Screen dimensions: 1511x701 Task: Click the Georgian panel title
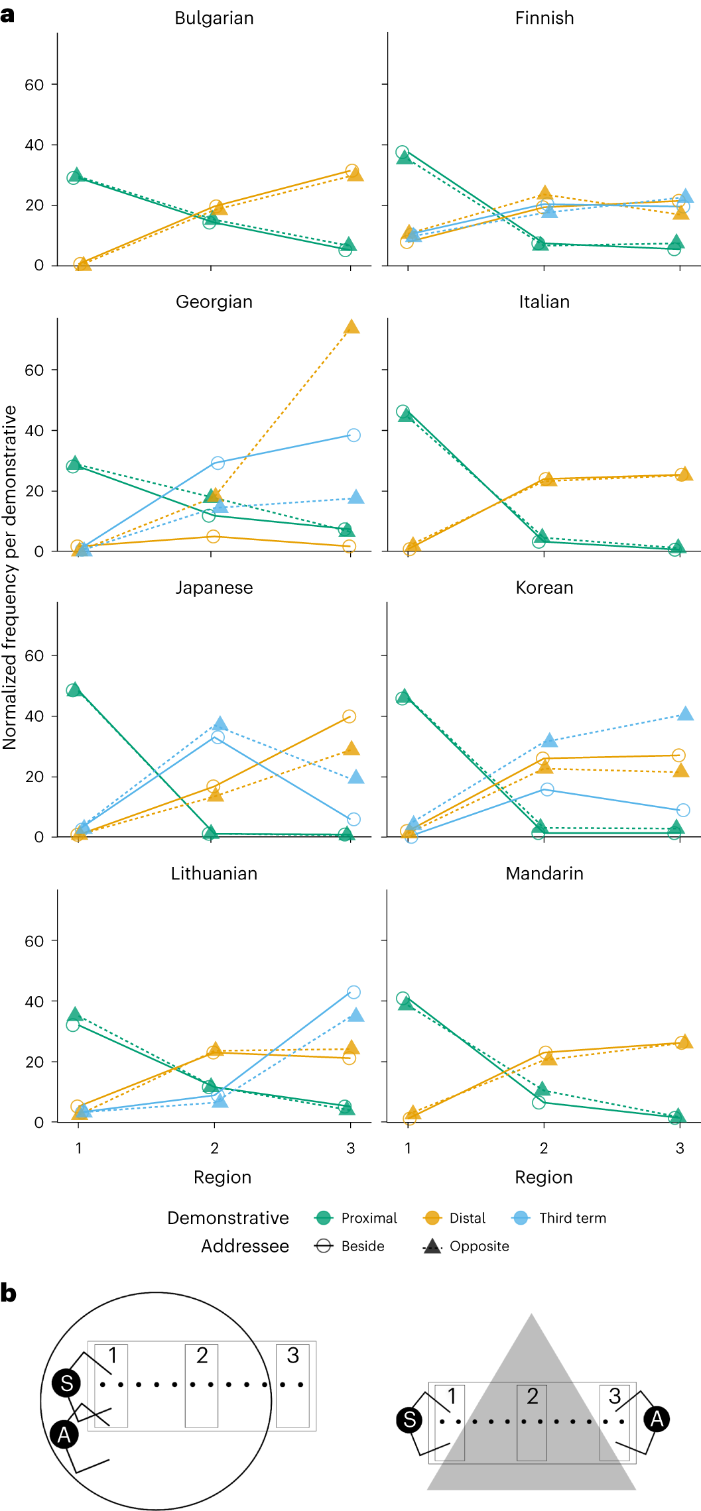click(214, 302)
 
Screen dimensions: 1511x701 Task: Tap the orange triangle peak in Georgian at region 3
click(351, 327)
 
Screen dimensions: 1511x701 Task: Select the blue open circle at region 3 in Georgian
click(353, 435)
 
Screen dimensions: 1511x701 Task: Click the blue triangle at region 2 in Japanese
click(221, 724)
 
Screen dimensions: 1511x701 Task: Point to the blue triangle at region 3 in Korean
click(686, 714)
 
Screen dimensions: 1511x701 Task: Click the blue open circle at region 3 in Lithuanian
click(353, 992)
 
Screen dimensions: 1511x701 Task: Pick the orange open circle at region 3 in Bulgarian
click(352, 171)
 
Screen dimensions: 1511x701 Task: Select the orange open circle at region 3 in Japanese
click(350, 716)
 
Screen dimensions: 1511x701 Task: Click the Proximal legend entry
click(355, 1218)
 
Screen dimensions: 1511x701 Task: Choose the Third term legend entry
click(559, 1218)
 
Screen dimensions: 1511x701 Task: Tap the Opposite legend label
click(479, 1246)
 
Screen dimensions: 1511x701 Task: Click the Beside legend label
click(363, 1246)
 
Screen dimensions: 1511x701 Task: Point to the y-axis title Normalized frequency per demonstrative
click(9, 577)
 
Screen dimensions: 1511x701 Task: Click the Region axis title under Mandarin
click(544, 1177)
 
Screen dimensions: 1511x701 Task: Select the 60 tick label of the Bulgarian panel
click(34, 85)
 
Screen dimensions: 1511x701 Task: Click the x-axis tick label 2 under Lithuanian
click(214, 1148)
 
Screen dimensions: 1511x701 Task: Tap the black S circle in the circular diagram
click(66, 1383)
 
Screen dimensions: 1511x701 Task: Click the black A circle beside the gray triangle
click(657, 1419)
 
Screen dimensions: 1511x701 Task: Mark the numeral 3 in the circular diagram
click(292, 1356)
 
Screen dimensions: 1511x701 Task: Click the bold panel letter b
click(8, 1293)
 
